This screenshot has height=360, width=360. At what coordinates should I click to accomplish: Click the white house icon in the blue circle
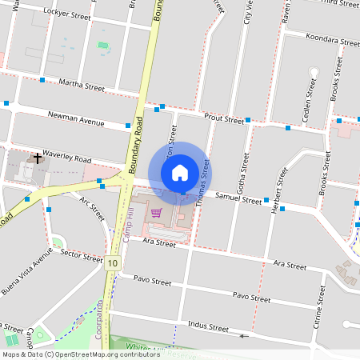180,172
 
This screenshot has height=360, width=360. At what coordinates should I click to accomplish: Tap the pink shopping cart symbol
157,213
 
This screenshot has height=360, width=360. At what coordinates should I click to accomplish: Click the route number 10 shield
112,262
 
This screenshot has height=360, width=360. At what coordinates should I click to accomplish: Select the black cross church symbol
37,158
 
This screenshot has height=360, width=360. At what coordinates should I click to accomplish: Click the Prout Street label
223,118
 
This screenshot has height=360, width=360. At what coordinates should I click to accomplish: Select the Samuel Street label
239,199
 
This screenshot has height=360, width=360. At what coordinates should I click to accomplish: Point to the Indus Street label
207,327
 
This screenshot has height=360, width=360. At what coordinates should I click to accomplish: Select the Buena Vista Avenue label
26,271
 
